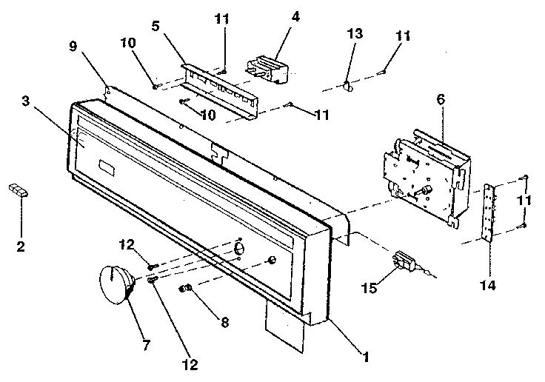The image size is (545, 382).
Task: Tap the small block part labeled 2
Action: point(18,191)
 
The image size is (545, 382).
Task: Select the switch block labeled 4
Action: point(267,68)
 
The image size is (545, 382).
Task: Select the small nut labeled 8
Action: point(185,287)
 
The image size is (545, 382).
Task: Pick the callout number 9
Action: point(73,45)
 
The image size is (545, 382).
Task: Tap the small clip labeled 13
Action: point(346,86)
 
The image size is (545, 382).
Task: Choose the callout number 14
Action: point(490,284)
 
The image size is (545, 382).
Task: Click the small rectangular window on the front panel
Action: point(107,168)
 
